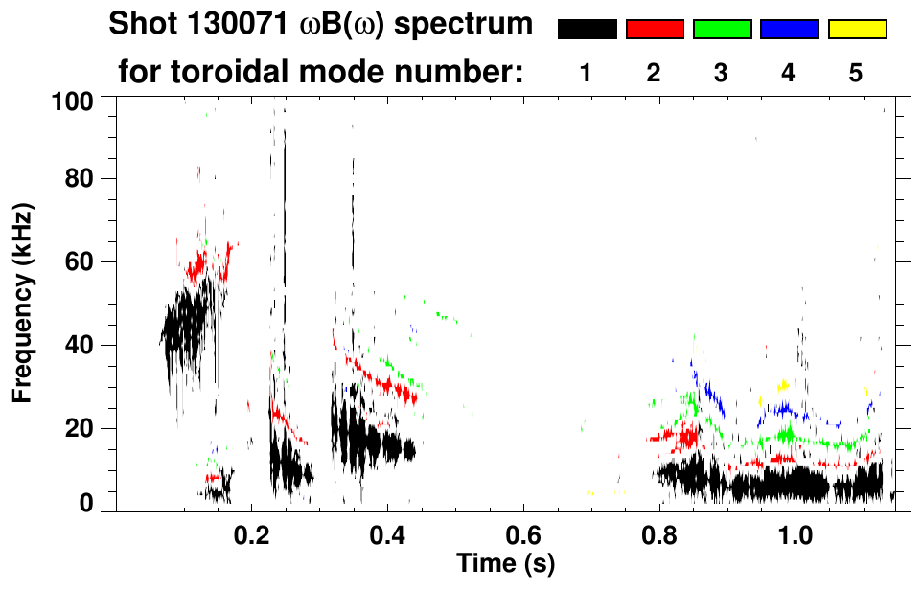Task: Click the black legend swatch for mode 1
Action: pos(587,30)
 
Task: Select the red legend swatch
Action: pos(655,30)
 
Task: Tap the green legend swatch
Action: pos(722,30)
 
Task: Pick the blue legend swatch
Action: pos(789,30)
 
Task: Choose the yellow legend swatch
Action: pos(856,30)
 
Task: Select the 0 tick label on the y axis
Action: pos(87,503)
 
